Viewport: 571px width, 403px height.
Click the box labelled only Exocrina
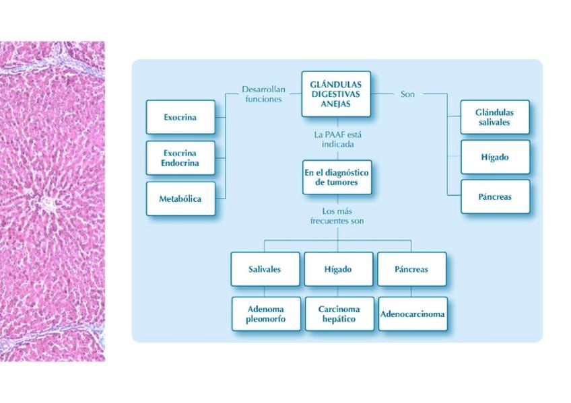(x=180, y=117)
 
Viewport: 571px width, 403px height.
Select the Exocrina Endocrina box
(x=180, y=158)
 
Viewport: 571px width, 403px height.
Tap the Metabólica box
(x=180, y=198)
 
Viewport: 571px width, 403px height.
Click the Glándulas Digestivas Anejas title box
(x=335, y=94)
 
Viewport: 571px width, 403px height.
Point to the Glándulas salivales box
(x=495, y=117)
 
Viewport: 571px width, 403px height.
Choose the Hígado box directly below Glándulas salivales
(x=495, y=157)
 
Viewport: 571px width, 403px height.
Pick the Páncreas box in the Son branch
(x=495, y=196)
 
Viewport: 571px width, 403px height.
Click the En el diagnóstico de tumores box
(x=337, y=177)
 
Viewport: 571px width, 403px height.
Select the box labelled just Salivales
(x=265, y=269)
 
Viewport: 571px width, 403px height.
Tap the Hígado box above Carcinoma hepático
(x=339, y=269)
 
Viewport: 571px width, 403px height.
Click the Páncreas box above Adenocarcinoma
(x=411, y=269)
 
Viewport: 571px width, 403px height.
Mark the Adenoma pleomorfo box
(x=265, y=314)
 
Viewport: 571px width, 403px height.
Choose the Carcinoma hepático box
(x=339, y=314)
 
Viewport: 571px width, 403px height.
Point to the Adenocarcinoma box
(x=412, y=314)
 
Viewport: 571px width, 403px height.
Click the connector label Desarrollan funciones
(x=263, y=94)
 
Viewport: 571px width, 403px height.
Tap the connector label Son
(x=407, y=94)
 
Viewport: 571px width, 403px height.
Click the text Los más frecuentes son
(x=337, y=215)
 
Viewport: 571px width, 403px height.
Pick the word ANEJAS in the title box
(x=335, y=104)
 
